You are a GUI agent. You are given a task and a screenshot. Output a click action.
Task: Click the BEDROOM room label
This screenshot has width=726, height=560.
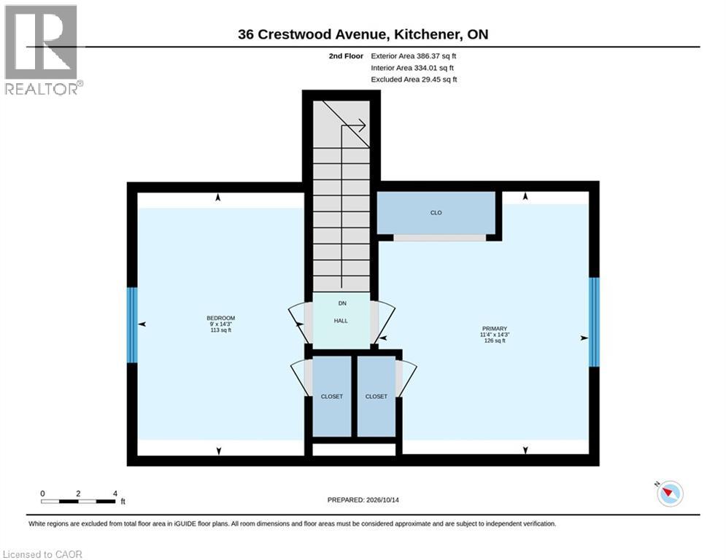pyautogui.click(x=221, y=318)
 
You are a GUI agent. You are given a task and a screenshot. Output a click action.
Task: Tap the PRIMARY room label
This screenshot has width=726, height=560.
pyautogui.click(x=495, y=329)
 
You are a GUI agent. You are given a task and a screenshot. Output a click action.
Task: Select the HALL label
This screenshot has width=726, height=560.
pyautogui.click(x=341, y=321)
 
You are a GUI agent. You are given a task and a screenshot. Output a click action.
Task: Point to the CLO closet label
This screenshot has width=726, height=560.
pyautogui.click(x=436, y=213)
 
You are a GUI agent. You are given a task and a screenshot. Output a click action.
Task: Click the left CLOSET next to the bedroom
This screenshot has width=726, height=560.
pyautogui.click(x=332, y=397)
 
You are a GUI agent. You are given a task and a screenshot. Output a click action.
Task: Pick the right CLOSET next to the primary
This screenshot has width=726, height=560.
pyautogui.click(x=376, y=397)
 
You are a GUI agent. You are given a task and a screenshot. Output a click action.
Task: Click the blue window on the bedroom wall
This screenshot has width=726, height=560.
pyautogui.click(x=132, y=325)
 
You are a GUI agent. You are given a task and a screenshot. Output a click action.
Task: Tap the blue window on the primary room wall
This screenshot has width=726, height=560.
pyautogui.click(x=594, y=322)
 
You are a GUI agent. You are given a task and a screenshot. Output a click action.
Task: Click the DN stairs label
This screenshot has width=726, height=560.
pyautogui.click(x=342, y=303)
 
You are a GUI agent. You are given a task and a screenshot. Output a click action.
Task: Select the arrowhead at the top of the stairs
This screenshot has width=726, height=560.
pyautogui.click(x=362, y=125)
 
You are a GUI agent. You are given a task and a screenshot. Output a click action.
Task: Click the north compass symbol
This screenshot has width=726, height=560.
pyautogui.click(x=670, y=493)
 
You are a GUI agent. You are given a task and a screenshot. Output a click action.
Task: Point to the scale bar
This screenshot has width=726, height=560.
pyautogui.click(x=78, y=501)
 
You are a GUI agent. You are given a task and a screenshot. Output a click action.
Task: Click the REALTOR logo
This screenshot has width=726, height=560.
pyautogui.click(x=42, y=50)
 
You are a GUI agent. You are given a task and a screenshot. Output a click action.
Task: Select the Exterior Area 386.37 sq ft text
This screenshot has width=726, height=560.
pyautogui.click(x=414, y=56)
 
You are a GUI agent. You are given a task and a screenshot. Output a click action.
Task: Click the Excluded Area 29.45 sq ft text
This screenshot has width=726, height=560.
pyautogui.click(x=414, y=79)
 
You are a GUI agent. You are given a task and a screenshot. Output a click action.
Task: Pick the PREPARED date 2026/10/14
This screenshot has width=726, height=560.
pyautogui.click(x=363, y=499)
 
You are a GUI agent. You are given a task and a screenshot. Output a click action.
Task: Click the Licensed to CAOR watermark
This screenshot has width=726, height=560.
pyautogui.click(x=42, y=554)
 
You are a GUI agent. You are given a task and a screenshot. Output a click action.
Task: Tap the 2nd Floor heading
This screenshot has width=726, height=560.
pyautogui.click(x=346, y=56)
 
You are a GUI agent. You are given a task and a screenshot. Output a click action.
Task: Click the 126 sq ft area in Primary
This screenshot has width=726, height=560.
pyautogui.click(x=495, y=341)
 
